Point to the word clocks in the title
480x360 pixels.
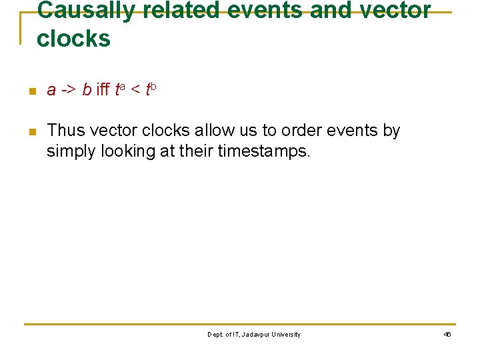73,39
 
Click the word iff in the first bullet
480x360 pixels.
104,90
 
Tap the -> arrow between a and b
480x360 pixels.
69,91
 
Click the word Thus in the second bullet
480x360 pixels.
63,131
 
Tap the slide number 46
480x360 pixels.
447,335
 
